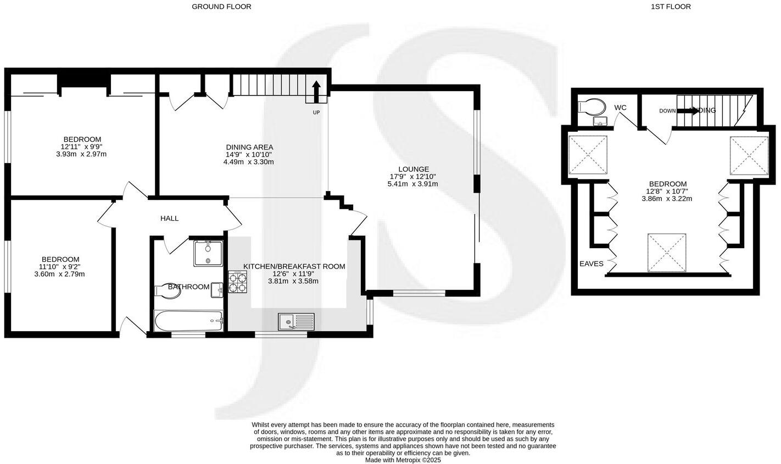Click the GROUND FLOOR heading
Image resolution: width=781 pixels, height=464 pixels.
221,7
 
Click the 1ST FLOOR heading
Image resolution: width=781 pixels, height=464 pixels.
671,7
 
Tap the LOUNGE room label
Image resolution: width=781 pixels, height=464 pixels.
412,169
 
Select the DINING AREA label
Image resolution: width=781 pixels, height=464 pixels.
249,147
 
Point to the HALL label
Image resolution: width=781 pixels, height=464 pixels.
169,219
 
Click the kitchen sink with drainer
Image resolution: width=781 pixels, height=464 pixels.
296,321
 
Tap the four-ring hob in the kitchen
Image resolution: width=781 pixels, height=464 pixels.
238,282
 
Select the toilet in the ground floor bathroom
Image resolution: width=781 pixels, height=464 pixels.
168,291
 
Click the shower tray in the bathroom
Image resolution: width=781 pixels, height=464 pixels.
208,253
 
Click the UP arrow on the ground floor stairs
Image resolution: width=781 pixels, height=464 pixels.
316,92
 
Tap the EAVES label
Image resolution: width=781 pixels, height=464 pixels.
591,264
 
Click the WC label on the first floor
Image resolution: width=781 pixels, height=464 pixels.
621,108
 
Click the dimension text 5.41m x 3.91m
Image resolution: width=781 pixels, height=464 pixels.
412,185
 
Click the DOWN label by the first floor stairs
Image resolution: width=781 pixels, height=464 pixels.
667,111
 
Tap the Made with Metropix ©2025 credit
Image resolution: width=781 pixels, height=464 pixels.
403,460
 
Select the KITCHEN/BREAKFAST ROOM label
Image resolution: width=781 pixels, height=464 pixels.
294,266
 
